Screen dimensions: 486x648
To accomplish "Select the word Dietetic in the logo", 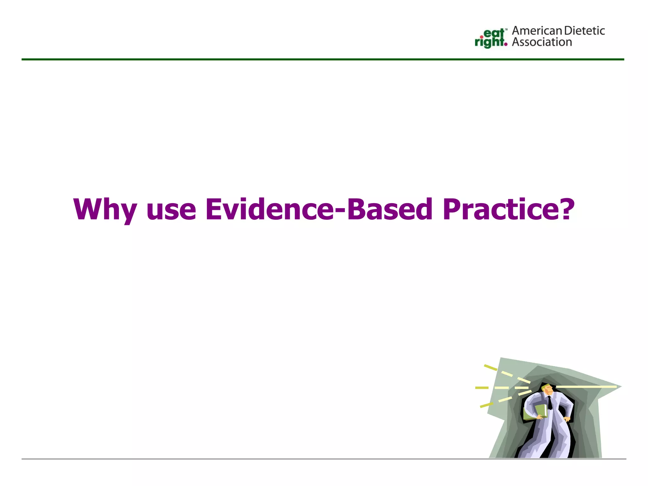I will click(584, 31).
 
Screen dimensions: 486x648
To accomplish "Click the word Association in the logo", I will click(542, 42).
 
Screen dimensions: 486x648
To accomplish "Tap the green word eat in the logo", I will click(494, 33).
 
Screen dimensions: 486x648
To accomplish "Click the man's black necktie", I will click(550, 403).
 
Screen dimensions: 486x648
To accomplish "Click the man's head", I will click(547, 389).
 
